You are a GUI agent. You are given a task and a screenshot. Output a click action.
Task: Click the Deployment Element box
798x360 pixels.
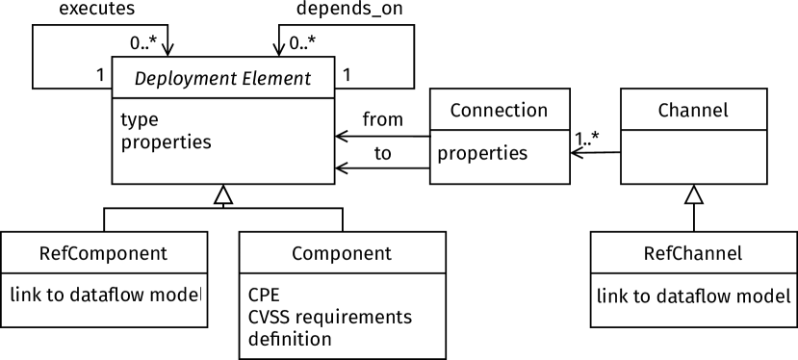[x=223, y=78]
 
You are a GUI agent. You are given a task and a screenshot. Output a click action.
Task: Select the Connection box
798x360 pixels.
[x=500, y=110]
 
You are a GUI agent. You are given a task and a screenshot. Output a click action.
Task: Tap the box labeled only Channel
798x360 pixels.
[x=693, y=110]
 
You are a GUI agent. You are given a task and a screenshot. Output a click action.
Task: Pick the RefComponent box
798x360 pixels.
[x=104, y=253]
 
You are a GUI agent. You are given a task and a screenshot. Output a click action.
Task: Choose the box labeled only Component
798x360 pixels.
[x=342, y=253]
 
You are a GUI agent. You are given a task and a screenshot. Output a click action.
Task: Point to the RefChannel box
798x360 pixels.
[x=693, y=253]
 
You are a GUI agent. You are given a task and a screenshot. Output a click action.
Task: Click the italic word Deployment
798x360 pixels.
[x=181, y=79]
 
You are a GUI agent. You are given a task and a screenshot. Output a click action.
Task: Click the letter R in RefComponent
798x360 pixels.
[x=45, y=254]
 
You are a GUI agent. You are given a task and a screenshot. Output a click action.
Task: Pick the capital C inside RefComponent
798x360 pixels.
[x=74, y=254]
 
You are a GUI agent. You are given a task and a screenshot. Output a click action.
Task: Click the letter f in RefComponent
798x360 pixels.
[x=64, y=253]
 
